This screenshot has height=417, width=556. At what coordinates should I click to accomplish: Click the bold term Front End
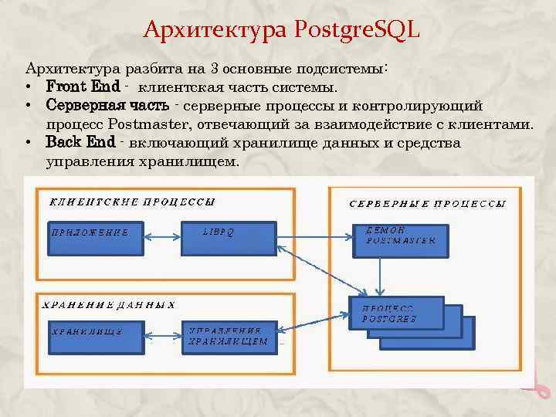click(x=83, y=86)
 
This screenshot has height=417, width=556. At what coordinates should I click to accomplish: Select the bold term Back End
click(x=80, y=143)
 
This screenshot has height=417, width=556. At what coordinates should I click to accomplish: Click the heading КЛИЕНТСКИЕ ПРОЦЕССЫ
click(x=132, y=202)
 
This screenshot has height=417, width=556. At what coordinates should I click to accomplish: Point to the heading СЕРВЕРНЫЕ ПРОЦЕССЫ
click(x=428, y=205)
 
